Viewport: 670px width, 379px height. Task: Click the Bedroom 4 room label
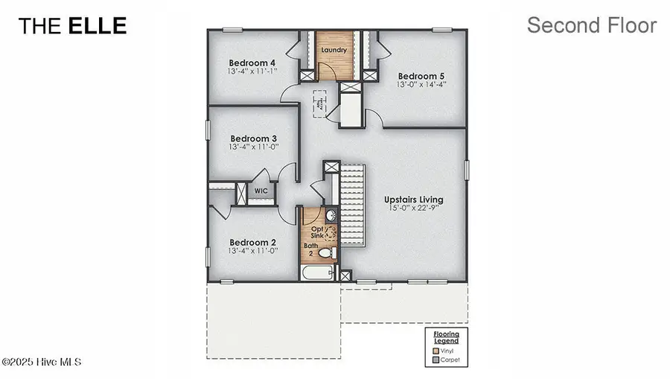[x=252, y=63]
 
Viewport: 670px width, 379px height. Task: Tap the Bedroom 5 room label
[x=421, y=76]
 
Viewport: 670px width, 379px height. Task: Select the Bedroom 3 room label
[x=253, y=138]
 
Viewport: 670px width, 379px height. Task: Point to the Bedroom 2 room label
[x=252, y=243]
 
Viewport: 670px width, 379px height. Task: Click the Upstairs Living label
[x=413, y=200]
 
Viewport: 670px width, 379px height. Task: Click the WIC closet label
[x=261, y=191]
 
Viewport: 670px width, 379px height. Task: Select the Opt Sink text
[x=316, y=232]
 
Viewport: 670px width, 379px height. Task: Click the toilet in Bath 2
[x=325, y=253]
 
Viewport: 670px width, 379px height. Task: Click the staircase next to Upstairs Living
[x=354, y=206]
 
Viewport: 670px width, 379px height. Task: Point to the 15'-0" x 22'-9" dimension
[x=413, y=209]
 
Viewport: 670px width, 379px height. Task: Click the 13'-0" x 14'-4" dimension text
[x=421, y=85]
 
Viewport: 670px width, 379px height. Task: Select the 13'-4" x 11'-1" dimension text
[x=252, y=71]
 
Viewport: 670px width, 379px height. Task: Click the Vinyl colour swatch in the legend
[x=435, y=350]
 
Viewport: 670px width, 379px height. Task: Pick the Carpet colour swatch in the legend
[x=435, y=360]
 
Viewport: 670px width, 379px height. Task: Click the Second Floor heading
[x=591, y=25]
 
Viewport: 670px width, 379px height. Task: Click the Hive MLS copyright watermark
[x=42, y=362]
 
